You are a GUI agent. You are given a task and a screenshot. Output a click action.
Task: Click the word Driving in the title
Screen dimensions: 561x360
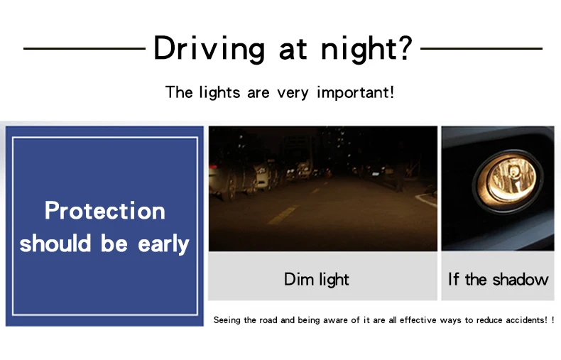209,49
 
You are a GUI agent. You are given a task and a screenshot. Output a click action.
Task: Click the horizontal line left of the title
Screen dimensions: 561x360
85,48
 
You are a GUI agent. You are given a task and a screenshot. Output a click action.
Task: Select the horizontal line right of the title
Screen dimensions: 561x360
481,48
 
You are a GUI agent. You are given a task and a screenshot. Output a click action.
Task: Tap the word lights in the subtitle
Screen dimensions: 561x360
219,93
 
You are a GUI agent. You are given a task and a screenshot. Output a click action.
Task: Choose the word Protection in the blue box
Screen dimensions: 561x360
105,210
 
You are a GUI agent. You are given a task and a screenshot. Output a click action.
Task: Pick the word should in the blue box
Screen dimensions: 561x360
55,243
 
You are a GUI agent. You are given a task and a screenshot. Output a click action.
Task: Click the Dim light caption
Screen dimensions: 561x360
316,280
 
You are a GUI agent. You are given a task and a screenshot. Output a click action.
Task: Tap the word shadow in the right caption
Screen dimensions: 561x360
521,279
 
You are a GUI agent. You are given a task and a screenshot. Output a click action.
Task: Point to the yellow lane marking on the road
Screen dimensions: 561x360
283,214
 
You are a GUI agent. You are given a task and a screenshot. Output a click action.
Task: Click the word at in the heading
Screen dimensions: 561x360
293,50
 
